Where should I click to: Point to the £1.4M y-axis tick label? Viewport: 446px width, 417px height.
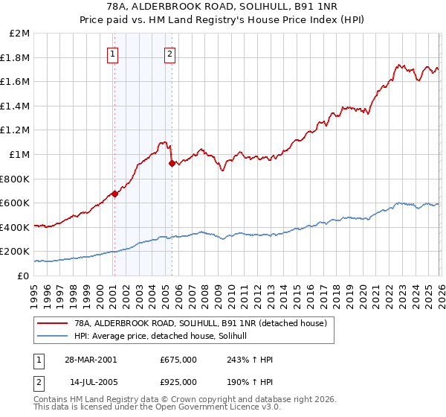(x=16, y=106)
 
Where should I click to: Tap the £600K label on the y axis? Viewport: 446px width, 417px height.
(x=16, y=203)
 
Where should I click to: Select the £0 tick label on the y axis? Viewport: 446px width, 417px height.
(x=23, y=276)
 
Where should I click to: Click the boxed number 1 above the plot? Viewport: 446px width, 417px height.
(x=112, y=53)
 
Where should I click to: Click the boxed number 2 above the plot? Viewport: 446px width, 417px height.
(x=170, y=53)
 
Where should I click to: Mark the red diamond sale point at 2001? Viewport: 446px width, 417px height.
(x=114, y=194)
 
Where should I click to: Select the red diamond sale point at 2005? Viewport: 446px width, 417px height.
(x=172, y=163)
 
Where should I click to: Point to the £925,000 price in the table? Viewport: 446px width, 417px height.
(x=178, y=381)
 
